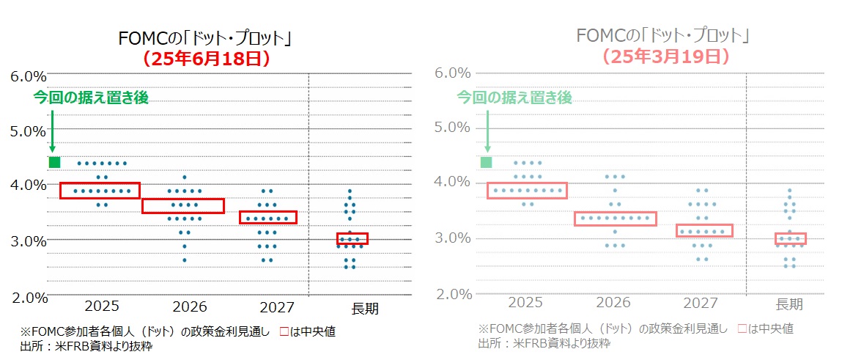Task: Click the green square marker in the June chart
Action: tap(54, 162)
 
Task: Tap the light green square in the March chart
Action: tap(486, 162)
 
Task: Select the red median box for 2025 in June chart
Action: tap(100, 191)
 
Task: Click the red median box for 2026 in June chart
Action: tap(182, 205)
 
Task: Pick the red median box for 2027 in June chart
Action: tap(267, 217)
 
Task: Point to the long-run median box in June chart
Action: tap(352, 238)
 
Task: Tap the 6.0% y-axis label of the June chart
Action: tap(29, 76)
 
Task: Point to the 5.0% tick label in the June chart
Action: tap(29, 131)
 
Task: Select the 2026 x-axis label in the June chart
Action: tap(189, 306)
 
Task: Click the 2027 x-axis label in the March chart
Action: tap(700, 303)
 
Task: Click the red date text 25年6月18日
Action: tap(207, 59)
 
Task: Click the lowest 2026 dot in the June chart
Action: tap(185, 260)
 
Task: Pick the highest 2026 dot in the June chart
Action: tap(185, 177)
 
